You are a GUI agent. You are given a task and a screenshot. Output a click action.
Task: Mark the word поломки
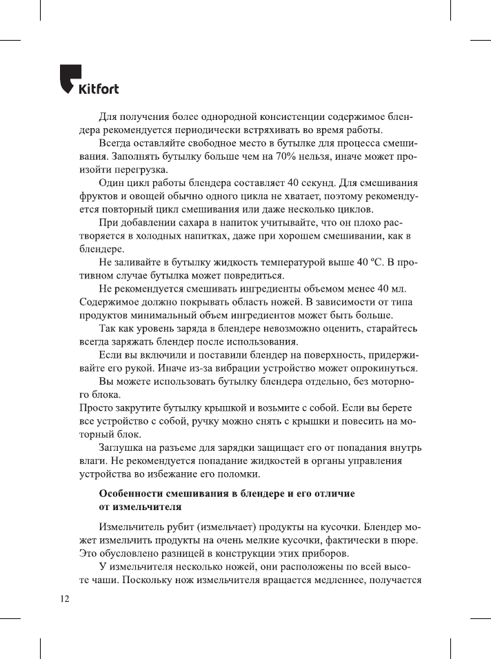coord(240,475)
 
